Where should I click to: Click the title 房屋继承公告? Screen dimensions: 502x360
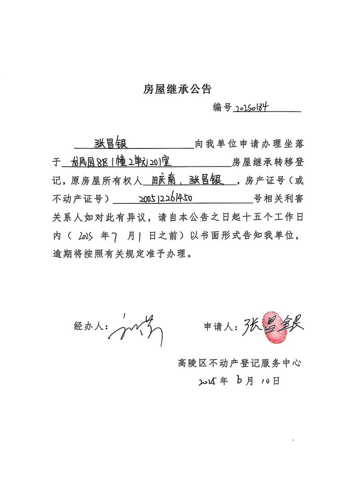177,89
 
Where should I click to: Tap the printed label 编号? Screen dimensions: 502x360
222,108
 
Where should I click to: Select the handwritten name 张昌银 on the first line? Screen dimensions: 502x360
111,143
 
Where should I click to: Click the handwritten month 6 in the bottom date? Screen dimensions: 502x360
237,381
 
